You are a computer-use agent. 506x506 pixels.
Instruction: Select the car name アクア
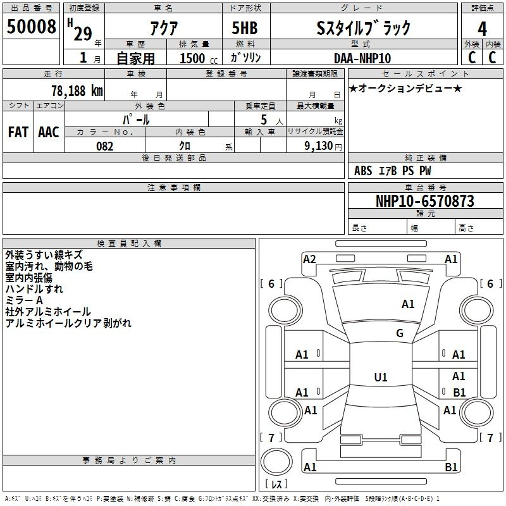[163, 28]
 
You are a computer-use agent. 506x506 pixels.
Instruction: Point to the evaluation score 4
[483, 28]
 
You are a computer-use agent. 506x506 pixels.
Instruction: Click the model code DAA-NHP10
[362, 58]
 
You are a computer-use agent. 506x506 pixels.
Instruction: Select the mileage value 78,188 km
[77, 90]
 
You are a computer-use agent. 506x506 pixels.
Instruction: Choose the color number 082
[104, 146]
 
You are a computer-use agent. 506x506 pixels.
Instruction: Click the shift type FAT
[18, 132]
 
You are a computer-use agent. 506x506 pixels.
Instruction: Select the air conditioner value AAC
[48, 132]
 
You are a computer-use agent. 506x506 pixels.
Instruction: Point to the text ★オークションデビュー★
[405, 89]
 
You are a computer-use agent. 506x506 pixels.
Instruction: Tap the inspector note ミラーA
[23, 300]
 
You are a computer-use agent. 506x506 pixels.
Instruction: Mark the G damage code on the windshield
[400, 333]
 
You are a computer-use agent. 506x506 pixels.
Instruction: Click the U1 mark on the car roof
[381, 378]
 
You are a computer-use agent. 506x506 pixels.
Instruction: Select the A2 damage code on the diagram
[309, 259]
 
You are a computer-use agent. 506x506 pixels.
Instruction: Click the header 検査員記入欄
[129, 243]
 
